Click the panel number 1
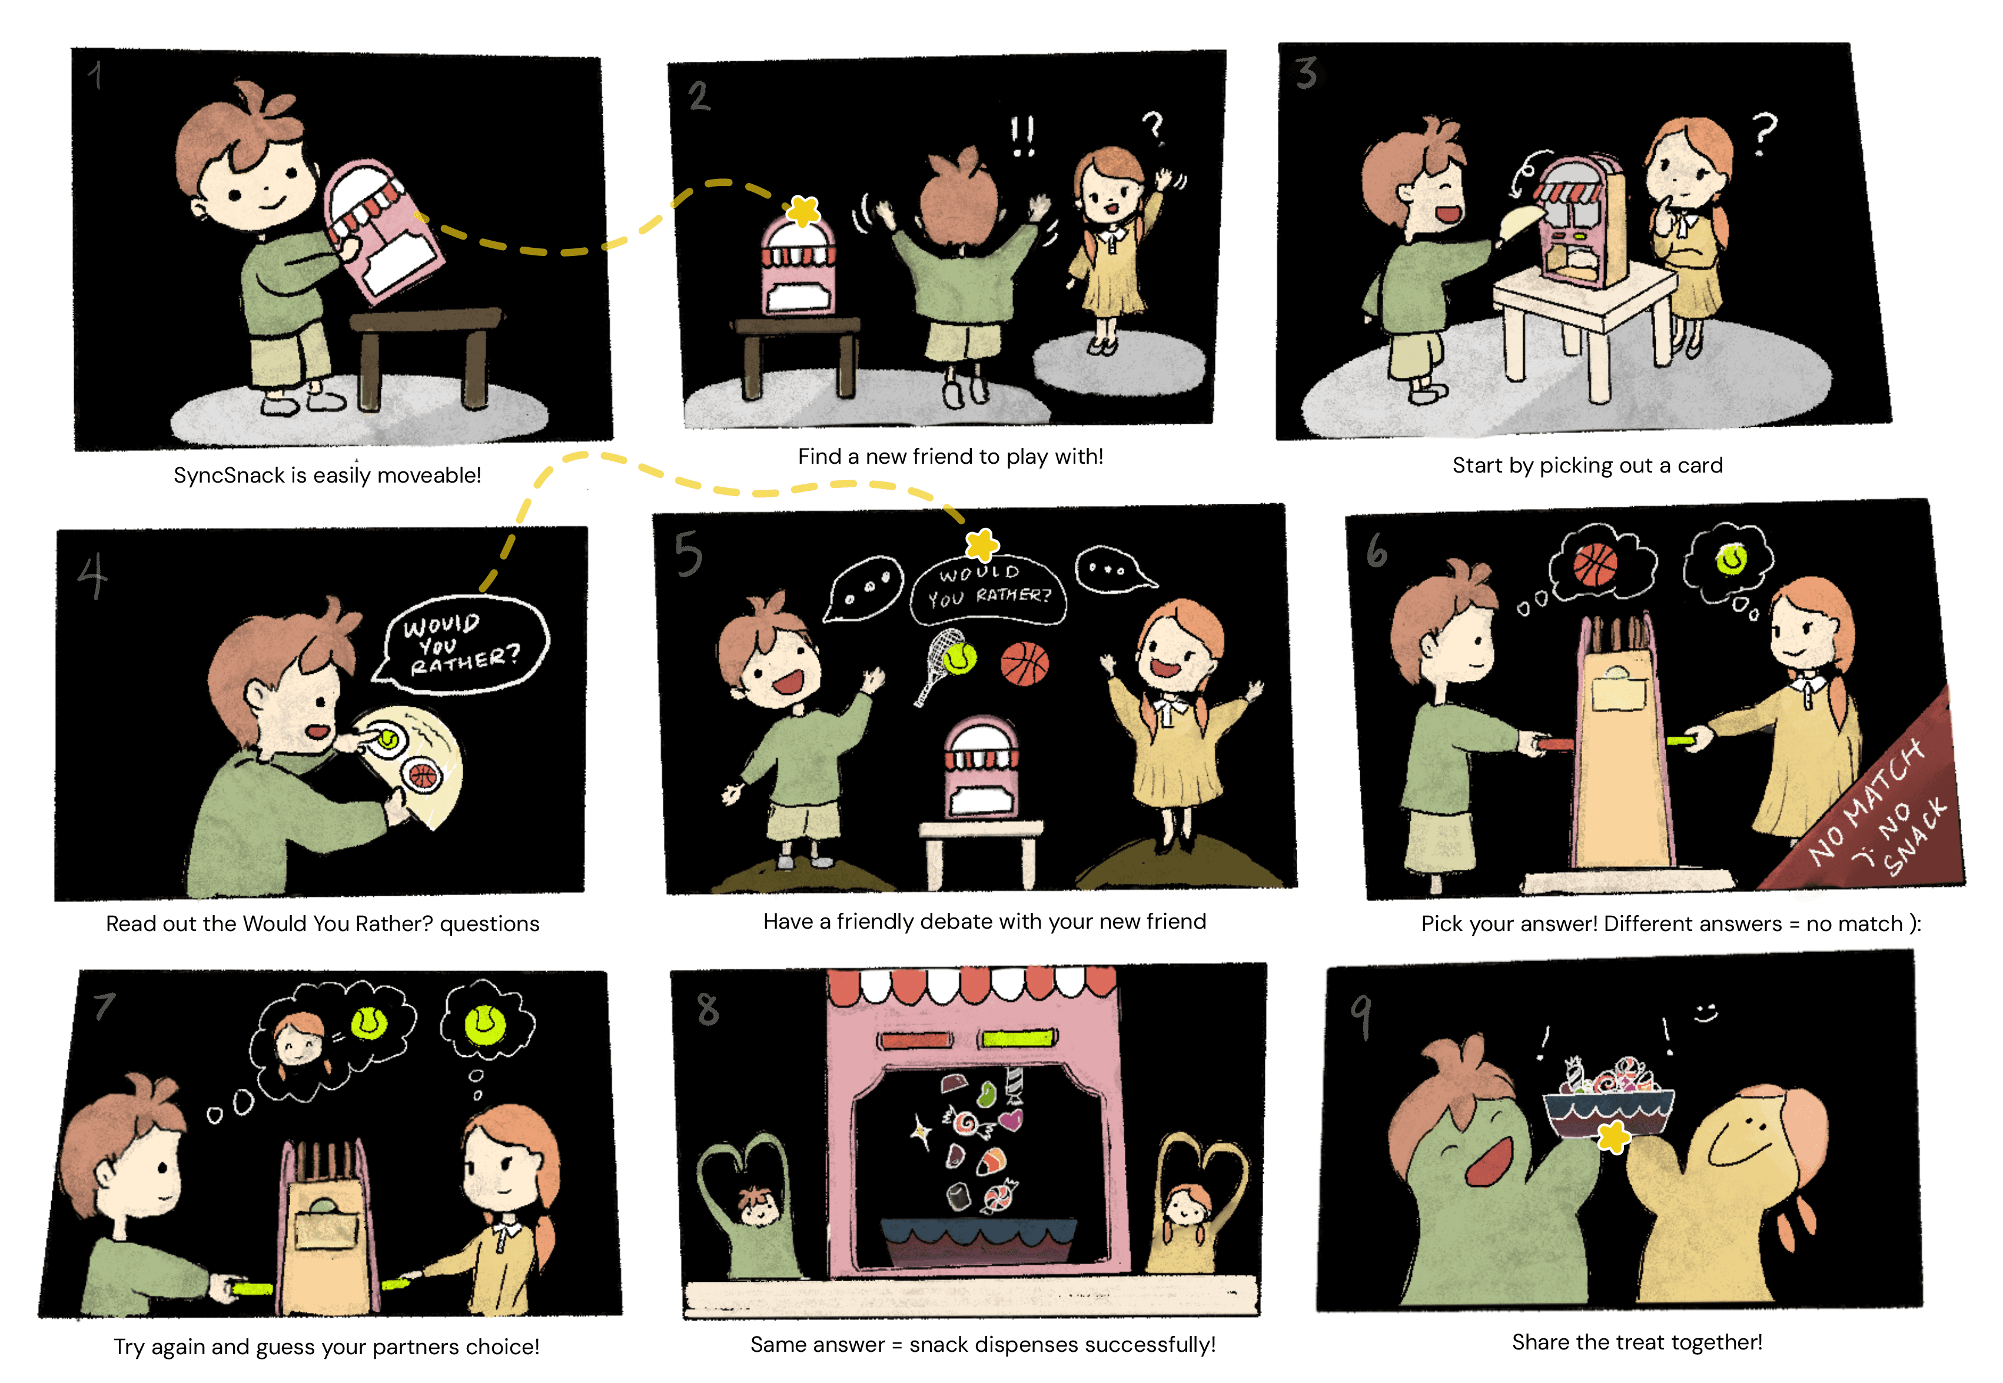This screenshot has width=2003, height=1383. tap(95, 75)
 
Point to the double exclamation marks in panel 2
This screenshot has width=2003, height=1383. tap(1023, 136)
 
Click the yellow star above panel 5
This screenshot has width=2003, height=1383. tap(982, 545)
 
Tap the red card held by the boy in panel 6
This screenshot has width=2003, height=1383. tap(1554, 743)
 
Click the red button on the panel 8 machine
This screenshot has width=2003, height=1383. tap(915, 1039)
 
